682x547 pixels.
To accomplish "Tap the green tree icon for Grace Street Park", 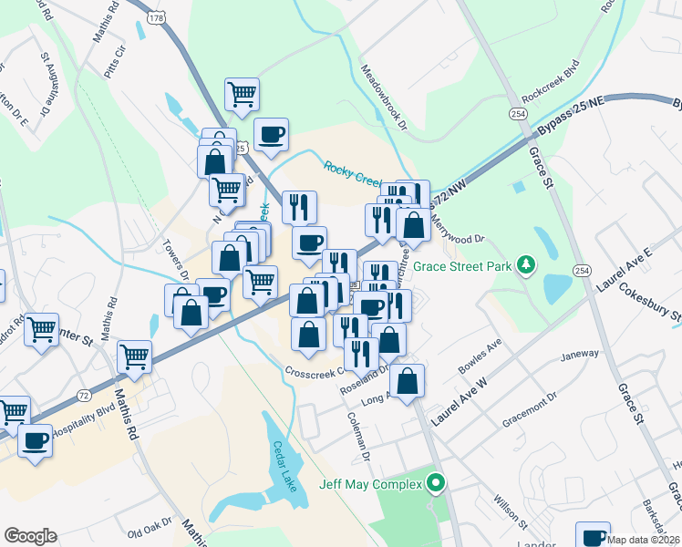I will point(525,265).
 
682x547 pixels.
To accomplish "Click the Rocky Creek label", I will point(353,170).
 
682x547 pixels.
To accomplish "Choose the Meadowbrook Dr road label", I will point(383,98).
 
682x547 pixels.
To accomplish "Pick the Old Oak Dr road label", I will point(150,532).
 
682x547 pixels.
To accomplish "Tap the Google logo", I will point(30,536).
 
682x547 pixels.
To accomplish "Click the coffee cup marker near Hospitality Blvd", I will point(36,441).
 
